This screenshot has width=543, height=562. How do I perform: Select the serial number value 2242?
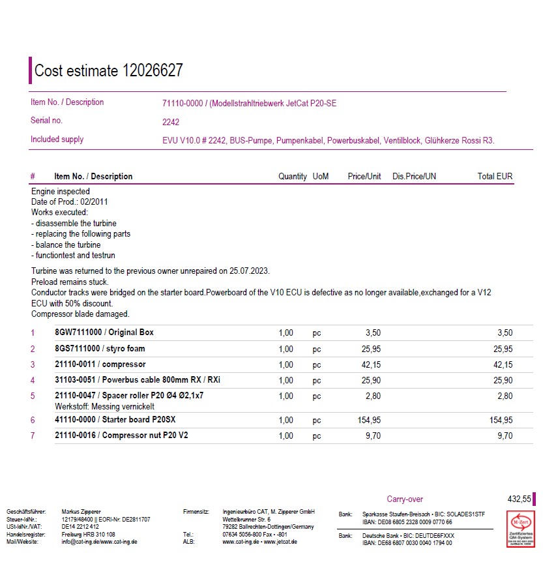(x=171, y=122)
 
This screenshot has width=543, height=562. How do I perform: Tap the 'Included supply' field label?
(x=57, y=140)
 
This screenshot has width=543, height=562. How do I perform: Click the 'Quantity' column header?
(x=292, y=177)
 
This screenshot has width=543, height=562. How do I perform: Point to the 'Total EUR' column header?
(x=495, y=177)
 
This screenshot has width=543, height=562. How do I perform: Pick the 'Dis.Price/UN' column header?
(x=414, y=177)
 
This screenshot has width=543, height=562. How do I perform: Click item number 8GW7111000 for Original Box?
(x=77, y=333)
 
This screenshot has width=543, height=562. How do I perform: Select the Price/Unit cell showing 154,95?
(x=370, y=421)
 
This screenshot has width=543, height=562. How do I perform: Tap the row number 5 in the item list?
(x=33, y=396)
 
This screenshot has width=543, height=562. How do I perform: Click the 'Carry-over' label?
(x=405, y=499)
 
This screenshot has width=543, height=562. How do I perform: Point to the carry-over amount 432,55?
(x=519, y=499)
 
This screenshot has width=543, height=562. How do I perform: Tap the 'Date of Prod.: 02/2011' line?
(x=70, y=202)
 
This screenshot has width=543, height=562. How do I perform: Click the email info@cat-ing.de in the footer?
(x=81, y=542)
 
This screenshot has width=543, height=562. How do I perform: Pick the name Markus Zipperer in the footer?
(x=81, y=512)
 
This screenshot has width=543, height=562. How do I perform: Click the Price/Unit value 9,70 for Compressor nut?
(x=373, y=436)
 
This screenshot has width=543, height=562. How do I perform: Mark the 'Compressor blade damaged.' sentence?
(x=80, y=314)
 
